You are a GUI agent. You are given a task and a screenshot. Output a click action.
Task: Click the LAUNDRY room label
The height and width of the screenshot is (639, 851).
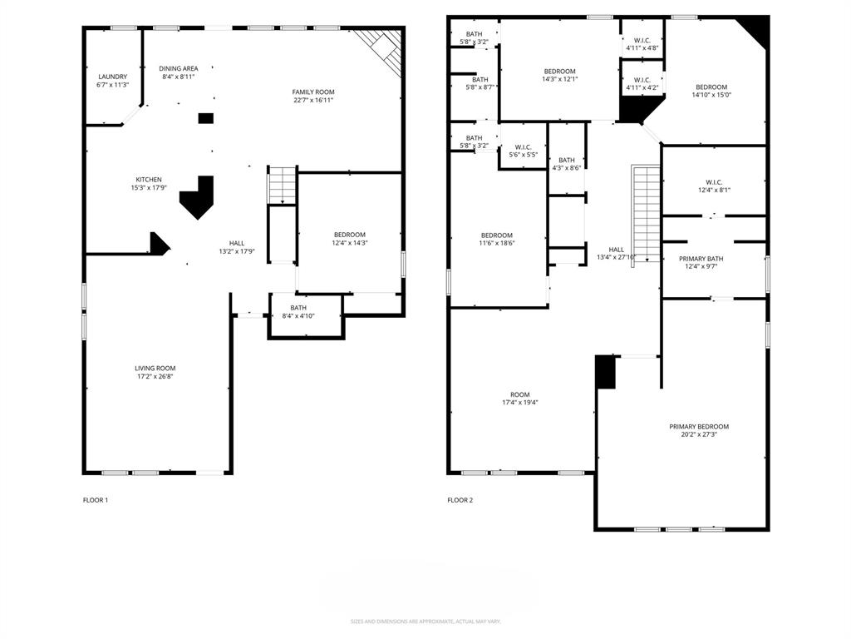(x=112, y=77)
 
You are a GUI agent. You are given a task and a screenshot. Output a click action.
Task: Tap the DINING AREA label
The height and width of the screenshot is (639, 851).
(x=179, y=68)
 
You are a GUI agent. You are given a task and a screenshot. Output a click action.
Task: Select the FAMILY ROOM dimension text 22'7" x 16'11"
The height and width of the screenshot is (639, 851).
(x=313, y=100)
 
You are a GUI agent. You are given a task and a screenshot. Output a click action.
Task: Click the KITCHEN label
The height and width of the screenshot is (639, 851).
(x=149, y=180)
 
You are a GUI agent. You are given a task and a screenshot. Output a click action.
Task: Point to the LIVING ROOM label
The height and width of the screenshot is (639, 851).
(x=155, y=368)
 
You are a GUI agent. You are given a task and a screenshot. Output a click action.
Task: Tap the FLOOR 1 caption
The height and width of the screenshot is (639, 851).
(x=96, y=500)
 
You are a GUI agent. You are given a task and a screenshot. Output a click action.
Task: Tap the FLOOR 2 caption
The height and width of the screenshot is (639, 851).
(x=460, y=500)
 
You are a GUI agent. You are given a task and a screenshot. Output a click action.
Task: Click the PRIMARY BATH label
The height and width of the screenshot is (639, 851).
(x=701, y=259)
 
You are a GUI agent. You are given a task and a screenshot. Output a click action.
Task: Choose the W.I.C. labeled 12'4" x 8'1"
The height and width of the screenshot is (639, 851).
(x=714, y=185)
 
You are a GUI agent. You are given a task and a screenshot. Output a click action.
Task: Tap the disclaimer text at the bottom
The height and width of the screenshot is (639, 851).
(x=425, y=621)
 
